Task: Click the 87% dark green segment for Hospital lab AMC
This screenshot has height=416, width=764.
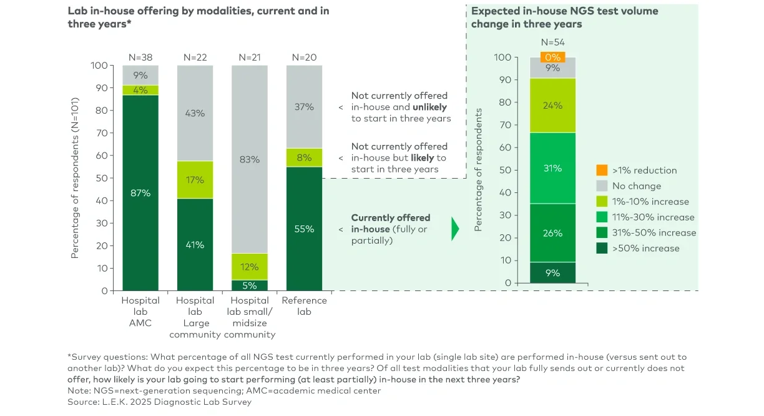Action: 140,192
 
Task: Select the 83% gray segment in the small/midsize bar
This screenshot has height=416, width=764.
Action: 250,159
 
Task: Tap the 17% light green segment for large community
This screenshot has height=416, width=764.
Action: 195,180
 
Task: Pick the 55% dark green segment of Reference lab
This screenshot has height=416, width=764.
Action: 304,229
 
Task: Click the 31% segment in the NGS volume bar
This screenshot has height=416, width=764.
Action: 552,168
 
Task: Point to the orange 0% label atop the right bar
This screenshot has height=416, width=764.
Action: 552,57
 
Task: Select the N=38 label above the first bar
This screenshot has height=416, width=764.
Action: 140,57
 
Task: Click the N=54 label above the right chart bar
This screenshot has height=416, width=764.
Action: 552,42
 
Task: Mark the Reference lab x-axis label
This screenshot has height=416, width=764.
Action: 304,305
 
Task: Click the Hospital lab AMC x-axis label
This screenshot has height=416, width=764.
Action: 140,311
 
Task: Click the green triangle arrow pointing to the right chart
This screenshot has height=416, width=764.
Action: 455,229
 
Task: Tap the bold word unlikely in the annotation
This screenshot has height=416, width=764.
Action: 431,107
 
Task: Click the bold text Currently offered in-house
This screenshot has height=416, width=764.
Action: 390,223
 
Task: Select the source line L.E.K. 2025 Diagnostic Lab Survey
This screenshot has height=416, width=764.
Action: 159,402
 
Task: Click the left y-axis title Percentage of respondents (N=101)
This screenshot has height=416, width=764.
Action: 75,177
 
